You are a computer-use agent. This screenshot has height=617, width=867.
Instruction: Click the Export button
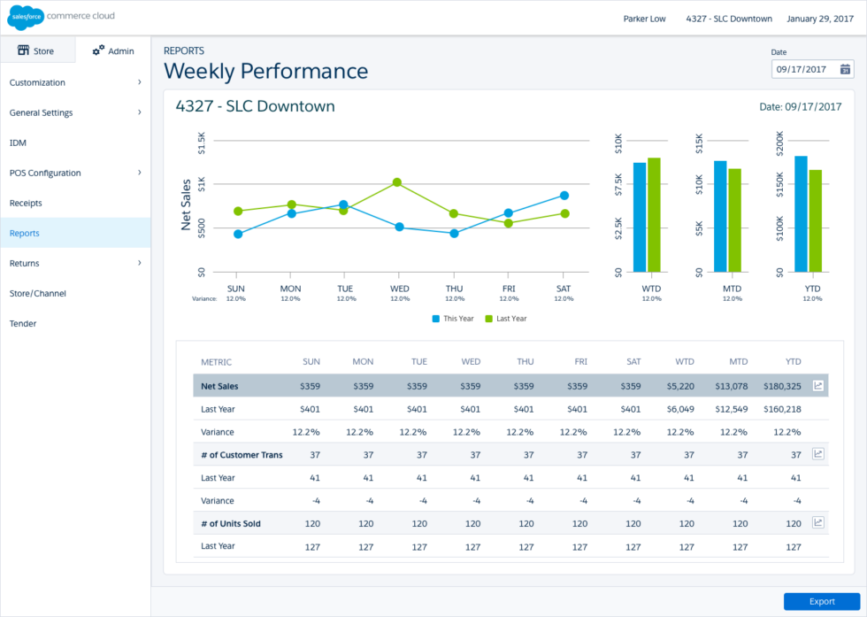tap(821, 601)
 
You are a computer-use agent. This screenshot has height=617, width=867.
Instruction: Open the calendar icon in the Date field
tap(846, 69)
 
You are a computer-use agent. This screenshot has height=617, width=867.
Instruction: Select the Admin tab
tap(113, 50)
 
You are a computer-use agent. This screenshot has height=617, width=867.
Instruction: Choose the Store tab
tap(36, 50)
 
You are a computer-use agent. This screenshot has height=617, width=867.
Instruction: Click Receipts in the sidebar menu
tap(26, 203)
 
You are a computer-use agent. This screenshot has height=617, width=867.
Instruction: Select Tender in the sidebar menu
tap(23, 323)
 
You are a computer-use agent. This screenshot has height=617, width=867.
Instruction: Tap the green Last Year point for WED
tap(397, 182)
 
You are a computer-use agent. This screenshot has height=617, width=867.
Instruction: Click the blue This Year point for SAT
tap(564, 196)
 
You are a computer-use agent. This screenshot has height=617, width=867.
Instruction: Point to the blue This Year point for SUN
tap(238, 234)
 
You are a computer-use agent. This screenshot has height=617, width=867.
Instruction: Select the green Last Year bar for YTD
tap(815, 220)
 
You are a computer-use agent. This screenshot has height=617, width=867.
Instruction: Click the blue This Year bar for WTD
tap(640, 217)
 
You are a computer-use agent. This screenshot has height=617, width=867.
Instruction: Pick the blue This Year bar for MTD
tap(720, 216)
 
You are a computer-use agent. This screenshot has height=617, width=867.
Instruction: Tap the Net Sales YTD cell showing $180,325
tap(781, 386)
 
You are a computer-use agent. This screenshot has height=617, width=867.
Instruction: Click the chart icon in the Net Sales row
tap(818, 386)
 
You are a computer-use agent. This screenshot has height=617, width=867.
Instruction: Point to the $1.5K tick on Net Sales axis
tap(201, 142)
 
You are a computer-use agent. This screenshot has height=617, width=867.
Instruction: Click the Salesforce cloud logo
tap(27, 17)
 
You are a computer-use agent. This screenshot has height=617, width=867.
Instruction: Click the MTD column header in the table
tap(738, 362)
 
